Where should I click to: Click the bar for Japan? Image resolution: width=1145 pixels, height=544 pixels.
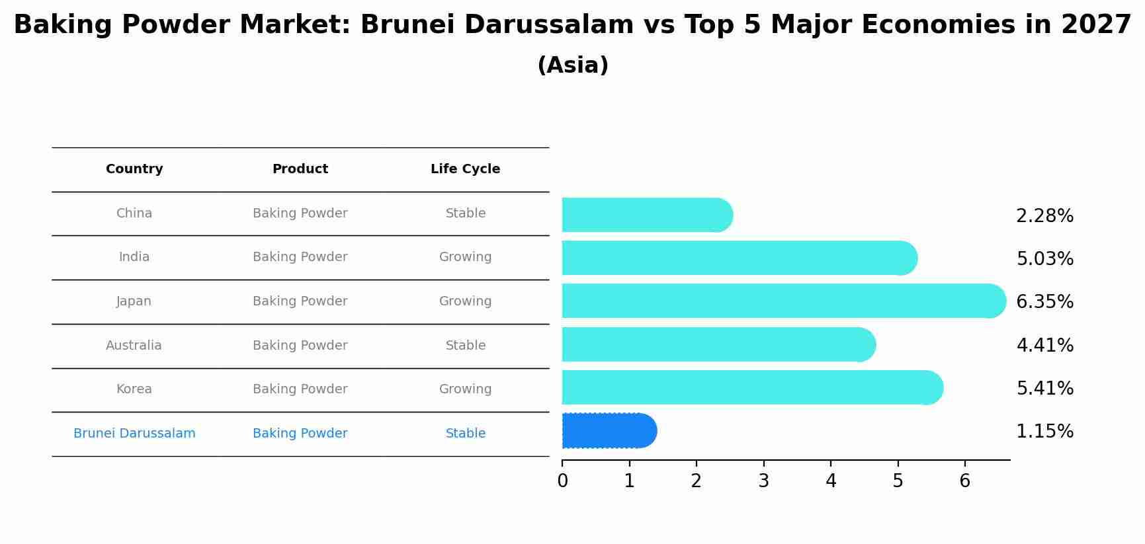(x=781, y=301)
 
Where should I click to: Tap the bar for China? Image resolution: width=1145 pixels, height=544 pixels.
(x=645, y=215)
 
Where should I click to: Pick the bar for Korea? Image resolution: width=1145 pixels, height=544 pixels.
(x=751, y=387)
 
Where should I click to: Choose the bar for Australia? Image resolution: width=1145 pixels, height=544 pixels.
(x=718, y=344)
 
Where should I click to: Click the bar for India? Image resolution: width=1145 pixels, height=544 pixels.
(x=738, y=258)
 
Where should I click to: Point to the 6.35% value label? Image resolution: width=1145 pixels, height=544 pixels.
(x=1044, y=301)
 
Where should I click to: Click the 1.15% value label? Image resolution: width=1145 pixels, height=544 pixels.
(x=1044, y=432)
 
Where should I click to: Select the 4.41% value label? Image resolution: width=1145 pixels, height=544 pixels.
(x=1044, y=345)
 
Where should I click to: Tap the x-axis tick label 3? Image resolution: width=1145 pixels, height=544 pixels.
(x=763, y=481)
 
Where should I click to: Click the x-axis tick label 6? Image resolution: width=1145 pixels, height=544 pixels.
(x=964, y=481)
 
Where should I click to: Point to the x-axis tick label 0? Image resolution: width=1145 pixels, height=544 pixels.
(x=562, y=481)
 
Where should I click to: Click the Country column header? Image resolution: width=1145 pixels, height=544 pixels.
(x=134, y=169)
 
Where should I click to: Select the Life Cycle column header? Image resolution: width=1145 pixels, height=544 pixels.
(x=465, y=169)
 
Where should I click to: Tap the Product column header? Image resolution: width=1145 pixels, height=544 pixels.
(x=300, y=169)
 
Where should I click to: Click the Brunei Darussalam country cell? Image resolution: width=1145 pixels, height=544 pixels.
(x=134, y=434)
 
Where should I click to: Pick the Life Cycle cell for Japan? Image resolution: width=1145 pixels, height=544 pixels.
(x=465, y=301)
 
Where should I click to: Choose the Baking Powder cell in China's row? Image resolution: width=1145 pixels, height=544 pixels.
(x=300, y=214)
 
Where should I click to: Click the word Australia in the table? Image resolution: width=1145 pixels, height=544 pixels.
(x=134, y=346)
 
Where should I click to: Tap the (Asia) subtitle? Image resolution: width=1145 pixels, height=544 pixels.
(x=573, y=65)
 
